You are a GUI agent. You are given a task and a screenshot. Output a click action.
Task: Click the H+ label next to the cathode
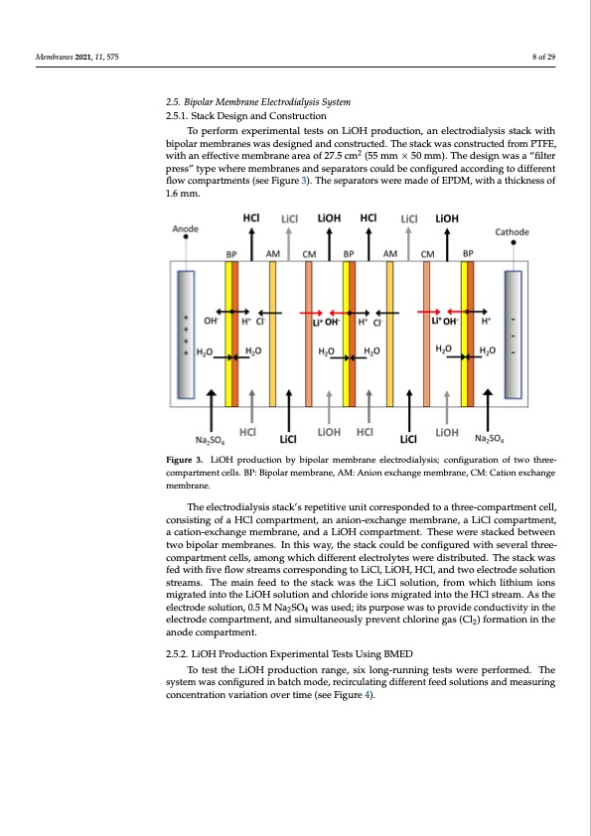tap(487, 321)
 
